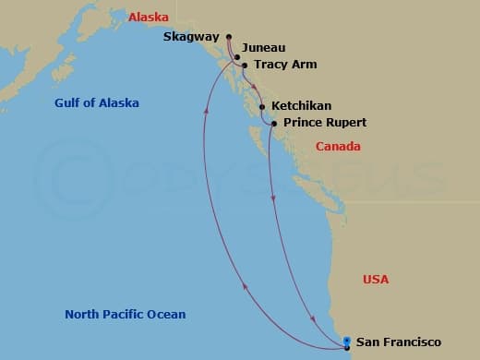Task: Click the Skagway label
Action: pos(191,38)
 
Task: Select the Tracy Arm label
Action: pos(284,66)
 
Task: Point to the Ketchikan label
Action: pos(302,106)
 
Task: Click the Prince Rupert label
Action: pos(325,123)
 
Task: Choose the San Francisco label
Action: pos(392,342)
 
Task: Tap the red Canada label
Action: pos(338,147)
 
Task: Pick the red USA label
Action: pos(376,280)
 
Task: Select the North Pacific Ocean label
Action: pos(126,315)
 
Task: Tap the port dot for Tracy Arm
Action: pos(244,66)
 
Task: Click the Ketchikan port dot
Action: pos(262,107)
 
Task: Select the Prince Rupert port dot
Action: pos(274,123)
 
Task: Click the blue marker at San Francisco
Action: pos(346,343)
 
